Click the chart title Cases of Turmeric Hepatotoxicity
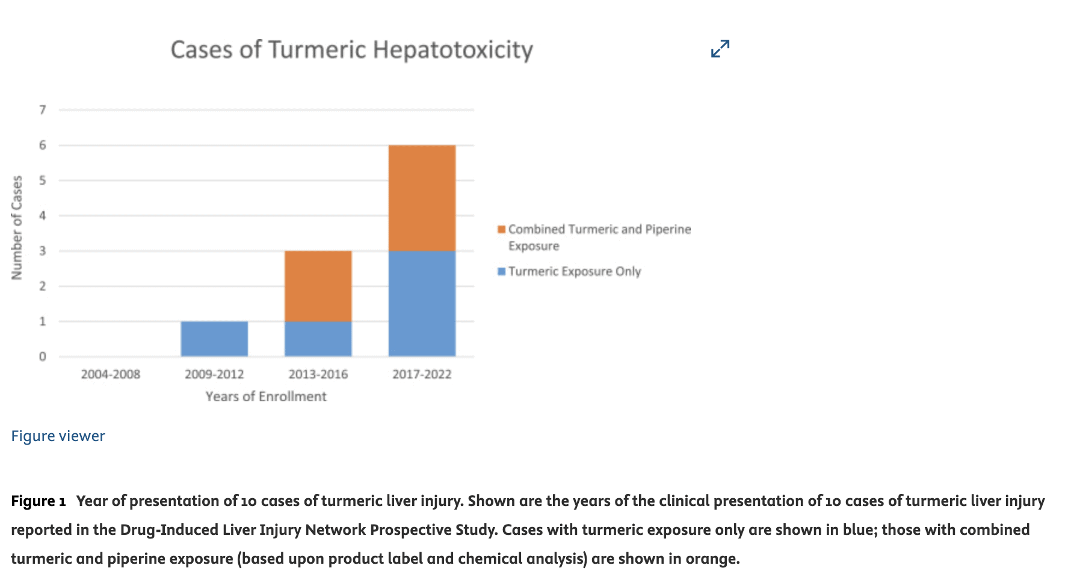(351, 50)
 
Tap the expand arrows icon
(720, 49)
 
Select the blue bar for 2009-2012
(214, 339)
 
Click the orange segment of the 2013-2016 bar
(318, 286)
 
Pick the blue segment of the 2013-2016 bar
(318, 339)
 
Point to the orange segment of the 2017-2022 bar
(422, 198)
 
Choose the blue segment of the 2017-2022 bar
(422, 303)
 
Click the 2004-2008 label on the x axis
(111, 374)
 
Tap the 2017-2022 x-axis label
(422, 374)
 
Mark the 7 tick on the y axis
(43, 109)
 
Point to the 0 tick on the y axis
(43, 357)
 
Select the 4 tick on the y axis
(43, 215)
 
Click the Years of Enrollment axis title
(266, 396)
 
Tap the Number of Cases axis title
(17, 227)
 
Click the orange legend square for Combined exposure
(501, 229)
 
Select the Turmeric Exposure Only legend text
(575, 271)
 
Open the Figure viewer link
(58, 436)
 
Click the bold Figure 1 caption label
(38, 501)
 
